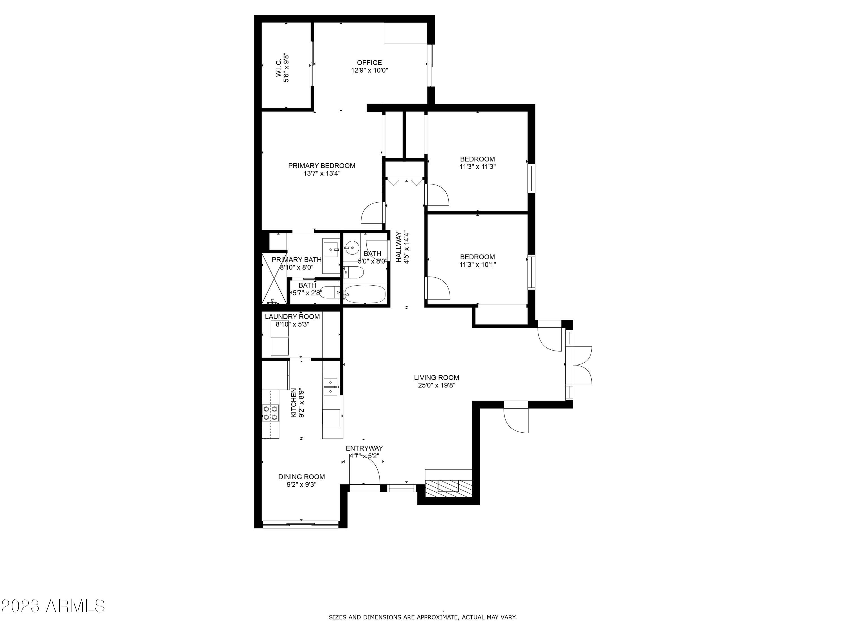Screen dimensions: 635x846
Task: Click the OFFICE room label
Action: point(369,62)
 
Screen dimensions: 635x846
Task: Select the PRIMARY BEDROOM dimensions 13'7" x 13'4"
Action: point(322,173)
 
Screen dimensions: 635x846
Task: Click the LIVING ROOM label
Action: point(436,377)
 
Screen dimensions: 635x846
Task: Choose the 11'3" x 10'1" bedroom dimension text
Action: point(477,264)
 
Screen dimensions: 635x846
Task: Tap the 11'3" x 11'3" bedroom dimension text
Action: point(477,167)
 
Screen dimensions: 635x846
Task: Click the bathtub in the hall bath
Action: point(364,294)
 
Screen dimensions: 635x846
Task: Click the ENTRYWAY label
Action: point(364,448)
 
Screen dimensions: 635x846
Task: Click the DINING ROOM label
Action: point(301,477)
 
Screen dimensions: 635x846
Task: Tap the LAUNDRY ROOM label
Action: point(292,317)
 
